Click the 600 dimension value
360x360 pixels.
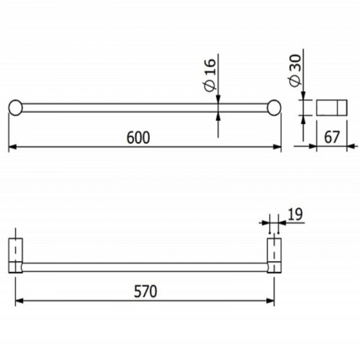[137, 137]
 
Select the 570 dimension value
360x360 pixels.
[145, 292]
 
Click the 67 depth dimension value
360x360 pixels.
[332, 137]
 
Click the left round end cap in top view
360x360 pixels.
[16, 107]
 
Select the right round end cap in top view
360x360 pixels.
[275, 107]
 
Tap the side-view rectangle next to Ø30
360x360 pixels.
[331, 107]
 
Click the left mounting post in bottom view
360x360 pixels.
[16, 254]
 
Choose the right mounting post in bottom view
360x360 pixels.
[274, 254]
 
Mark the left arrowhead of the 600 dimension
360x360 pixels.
[12, 146]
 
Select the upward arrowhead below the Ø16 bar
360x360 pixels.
[217, 116]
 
